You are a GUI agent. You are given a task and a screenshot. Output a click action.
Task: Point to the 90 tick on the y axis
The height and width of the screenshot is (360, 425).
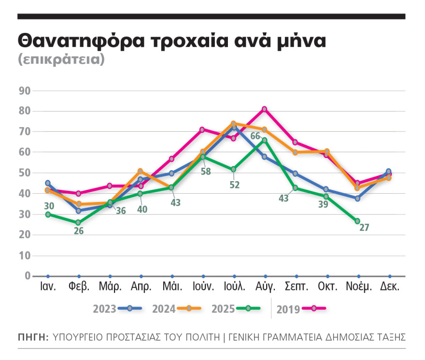[25, 90]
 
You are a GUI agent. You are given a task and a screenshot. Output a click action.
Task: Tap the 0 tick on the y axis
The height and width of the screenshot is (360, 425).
[28, 276]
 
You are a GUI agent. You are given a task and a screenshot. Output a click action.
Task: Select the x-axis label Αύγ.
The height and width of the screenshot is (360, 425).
[265, 287]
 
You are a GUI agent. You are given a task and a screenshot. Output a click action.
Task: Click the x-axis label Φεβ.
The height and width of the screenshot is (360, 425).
[79, 287]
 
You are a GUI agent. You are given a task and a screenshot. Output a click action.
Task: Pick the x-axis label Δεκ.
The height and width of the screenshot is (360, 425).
[389, 287]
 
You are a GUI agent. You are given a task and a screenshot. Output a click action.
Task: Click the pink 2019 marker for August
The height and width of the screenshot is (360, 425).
[265, 109]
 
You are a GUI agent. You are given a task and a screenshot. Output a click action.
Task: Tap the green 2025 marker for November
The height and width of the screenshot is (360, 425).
[358, 221]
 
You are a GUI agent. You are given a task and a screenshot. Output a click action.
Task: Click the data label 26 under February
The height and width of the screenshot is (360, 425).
[79, 231]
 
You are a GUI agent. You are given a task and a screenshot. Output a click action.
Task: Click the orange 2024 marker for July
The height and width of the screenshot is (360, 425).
[233, 124]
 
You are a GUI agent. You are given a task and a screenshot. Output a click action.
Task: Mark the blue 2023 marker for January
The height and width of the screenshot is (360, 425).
[48, 183]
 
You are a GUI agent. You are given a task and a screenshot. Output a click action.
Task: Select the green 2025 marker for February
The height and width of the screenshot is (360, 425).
[79, 223]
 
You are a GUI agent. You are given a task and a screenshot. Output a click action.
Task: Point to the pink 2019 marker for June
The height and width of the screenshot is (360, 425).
[202, 130]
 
